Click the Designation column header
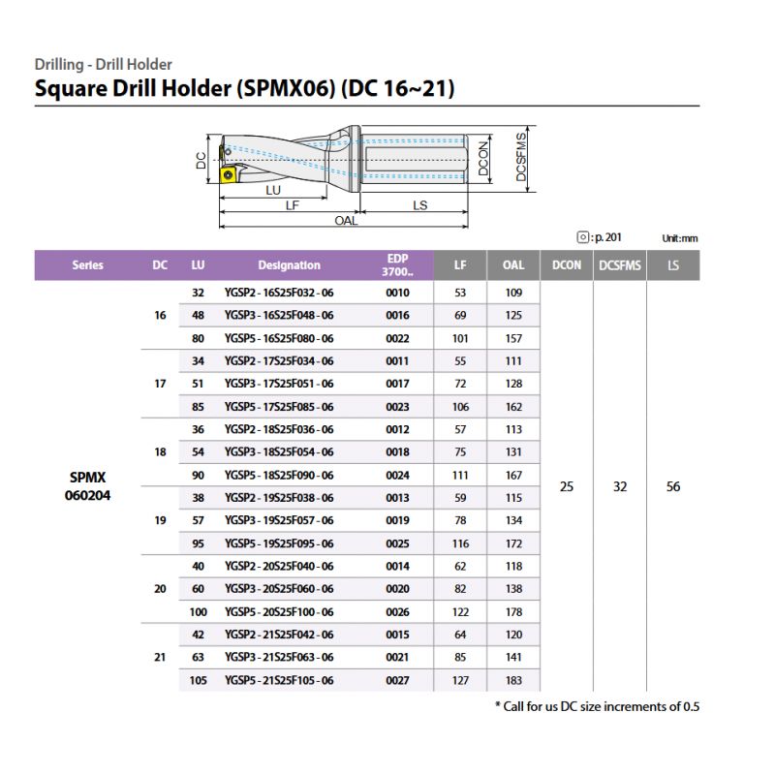click(x=289, y=265)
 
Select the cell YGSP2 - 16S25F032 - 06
click(x=279, y=293)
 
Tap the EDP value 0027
click(x=397, y=681)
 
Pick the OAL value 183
click(x=513, y=681)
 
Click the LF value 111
click(x=460, y=476)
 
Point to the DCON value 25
click(x=567, y=487)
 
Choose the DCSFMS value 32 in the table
click(x=620, y=487)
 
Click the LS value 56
click(x=673, y=487)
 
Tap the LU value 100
click(x=198, y=612)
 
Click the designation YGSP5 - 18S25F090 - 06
click(x=279, y=476)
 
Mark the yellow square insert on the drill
click(x=229, y=174)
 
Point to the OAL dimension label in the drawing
click(x=346, y=221)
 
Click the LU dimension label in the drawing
click(x=273, y=191)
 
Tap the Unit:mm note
click(x=680, y=237)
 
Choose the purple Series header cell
click(x=88, y=265)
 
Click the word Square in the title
click(x=73, y=90)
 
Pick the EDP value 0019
click(x=397, y=521)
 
